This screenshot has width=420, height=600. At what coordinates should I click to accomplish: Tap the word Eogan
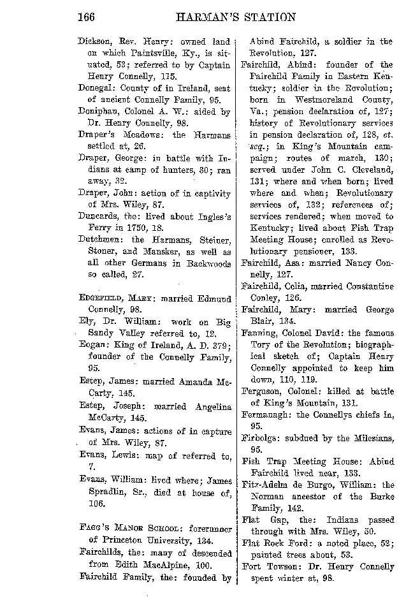click(x=92, y=345)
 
